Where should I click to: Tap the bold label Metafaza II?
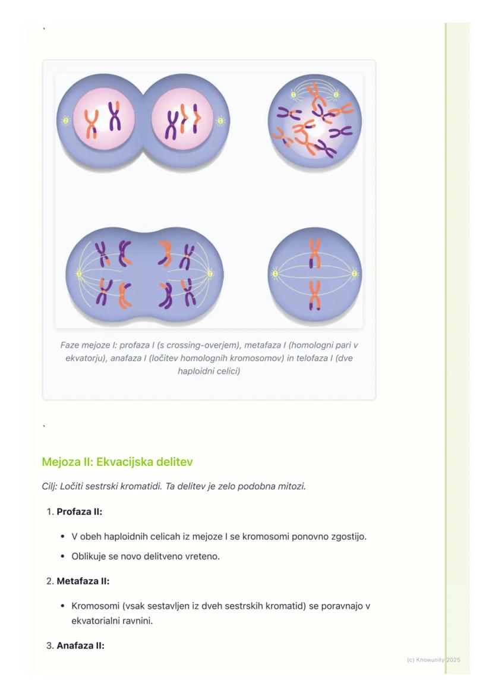[x=83, y=581]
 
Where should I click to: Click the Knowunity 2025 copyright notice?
[x=433, y=660]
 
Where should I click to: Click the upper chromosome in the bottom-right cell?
[x=314, y=253]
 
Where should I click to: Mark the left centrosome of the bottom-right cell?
[x=275, y=274]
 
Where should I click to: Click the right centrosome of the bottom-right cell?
[x=354, y=274]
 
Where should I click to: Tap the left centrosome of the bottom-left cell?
[x=78, y=274]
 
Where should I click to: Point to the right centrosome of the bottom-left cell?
[x=209, y=274]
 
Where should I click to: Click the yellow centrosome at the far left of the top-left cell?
[x=66, y=121]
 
